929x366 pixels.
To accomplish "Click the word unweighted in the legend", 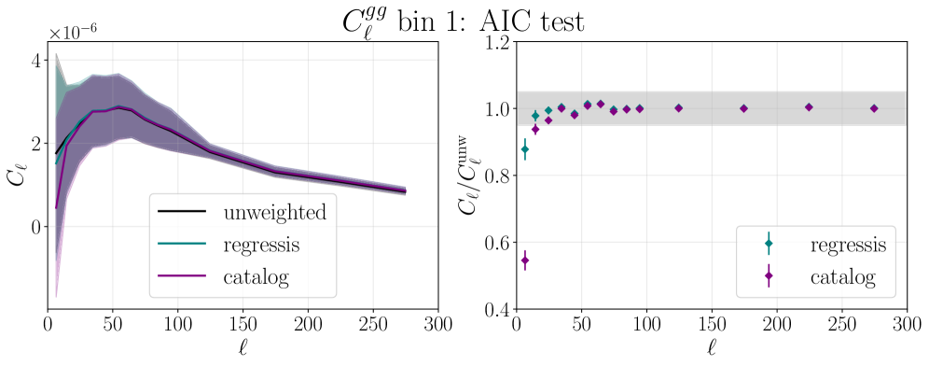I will (x=274, y=213).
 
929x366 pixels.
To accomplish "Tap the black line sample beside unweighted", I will (x=181, y=213).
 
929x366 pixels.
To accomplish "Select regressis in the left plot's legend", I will (x=260, y=246).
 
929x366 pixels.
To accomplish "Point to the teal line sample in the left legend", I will (x=181, y=246).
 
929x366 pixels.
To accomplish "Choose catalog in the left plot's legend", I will (x=256, y=277).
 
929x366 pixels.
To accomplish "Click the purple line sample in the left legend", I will (x=181, y=277).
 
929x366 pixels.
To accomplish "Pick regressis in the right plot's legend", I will (x=847, y=245).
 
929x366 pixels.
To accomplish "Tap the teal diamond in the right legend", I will (x=769, y=244).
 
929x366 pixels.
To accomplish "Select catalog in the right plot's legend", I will (x=842, y=276).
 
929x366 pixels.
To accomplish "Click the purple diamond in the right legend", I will (x=769, y=275).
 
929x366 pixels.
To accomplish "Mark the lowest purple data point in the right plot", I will (x=525, y=260).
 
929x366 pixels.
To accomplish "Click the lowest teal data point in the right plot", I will (x=525, y=149).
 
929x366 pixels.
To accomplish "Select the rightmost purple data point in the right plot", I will (x=874, y=108).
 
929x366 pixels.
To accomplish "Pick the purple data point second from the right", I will (x=809, y=107).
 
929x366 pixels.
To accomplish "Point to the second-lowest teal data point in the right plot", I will (x=535, y=116).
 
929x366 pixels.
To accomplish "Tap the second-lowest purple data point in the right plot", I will (x=535, y=130).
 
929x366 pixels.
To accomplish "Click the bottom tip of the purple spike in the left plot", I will (x=56, y=297).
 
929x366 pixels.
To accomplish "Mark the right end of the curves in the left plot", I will (x=405, y=190).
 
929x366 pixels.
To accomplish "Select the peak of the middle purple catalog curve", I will (x=118, y=107).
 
